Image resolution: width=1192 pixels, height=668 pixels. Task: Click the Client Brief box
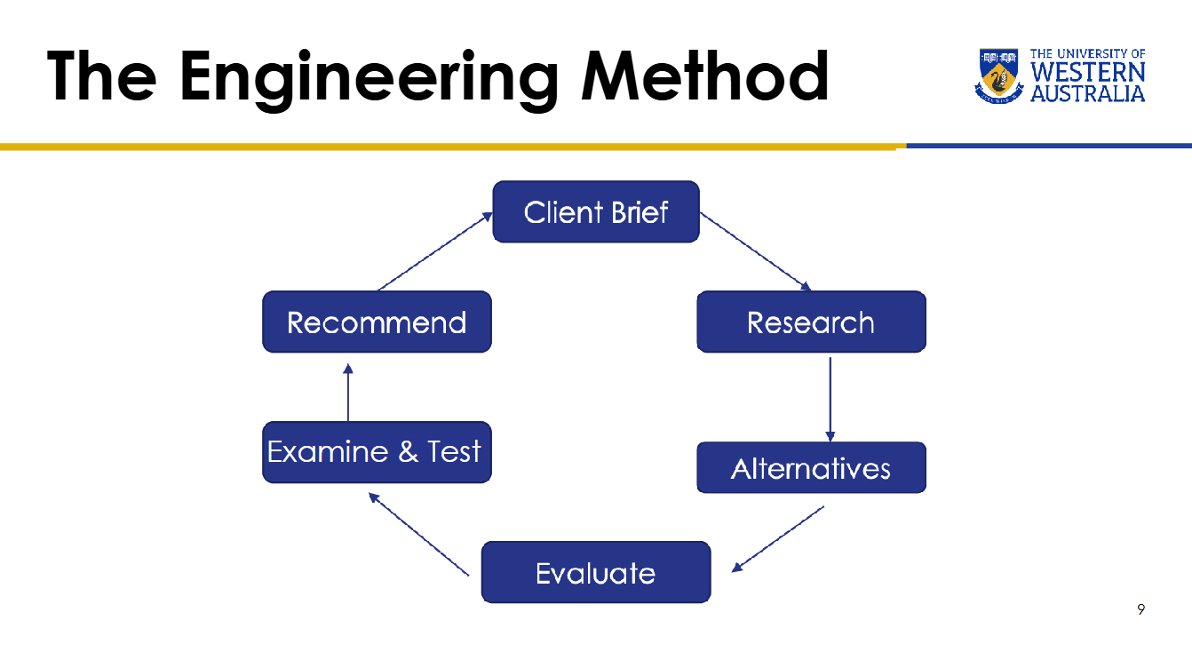[x=596, y=211]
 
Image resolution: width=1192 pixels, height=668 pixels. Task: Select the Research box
[x=812, y=322]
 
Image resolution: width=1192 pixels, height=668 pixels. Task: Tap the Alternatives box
[x=812, y=467]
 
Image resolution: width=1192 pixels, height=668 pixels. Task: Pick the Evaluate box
[x=596, y=572]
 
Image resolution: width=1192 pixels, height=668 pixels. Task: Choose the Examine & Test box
[x=377, y=452]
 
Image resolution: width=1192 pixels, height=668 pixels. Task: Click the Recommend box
[x=377, y=322]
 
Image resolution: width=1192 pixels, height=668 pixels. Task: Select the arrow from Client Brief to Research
[x=756, y=251]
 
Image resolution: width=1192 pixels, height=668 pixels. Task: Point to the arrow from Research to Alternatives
[x=830, y=399]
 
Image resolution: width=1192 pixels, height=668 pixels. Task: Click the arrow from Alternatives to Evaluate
[x=778, y=538]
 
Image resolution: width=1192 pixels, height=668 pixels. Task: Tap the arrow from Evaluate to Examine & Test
[x=418, y=535]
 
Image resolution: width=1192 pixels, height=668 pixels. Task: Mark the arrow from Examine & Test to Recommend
[x=348, y=393]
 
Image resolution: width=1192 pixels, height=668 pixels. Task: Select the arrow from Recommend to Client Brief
[x=434, y=251]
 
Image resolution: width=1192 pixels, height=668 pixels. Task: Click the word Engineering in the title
[x=369, y=79]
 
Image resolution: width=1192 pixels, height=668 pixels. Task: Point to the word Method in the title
[x=704, y=76]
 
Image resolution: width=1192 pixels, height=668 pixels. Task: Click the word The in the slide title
[x=101, y=76]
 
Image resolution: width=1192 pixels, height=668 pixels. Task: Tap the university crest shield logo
[x=999, y=76]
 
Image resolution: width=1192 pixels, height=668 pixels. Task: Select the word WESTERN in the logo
[x=1088, y=72]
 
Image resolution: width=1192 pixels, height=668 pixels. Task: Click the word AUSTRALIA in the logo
[x=1088, y=93]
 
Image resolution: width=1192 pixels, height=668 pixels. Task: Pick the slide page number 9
[x=1140, y=608]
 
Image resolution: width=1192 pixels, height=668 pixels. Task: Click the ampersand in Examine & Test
[x=409, y=451]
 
